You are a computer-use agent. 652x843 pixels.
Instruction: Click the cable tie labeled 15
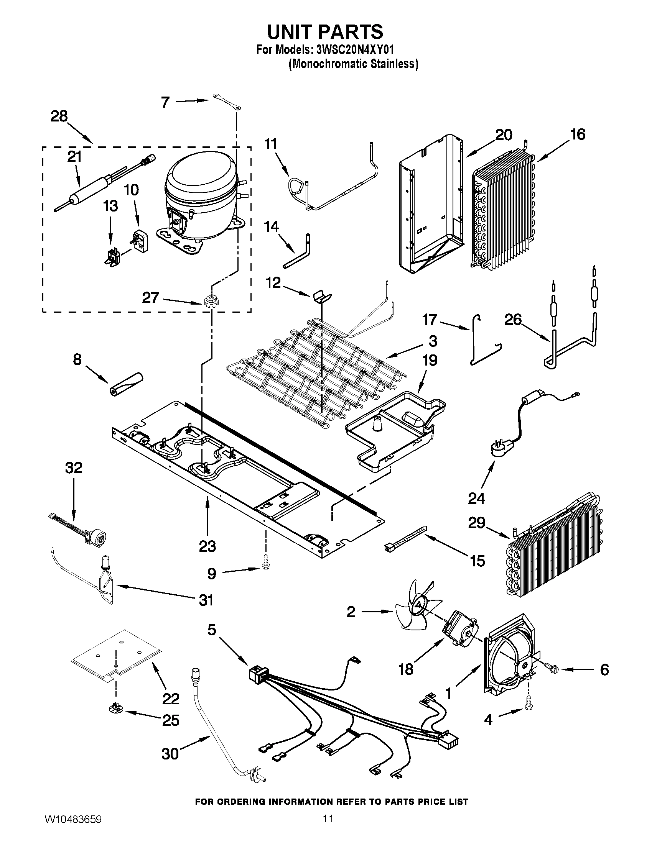(x=405, y=538)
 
